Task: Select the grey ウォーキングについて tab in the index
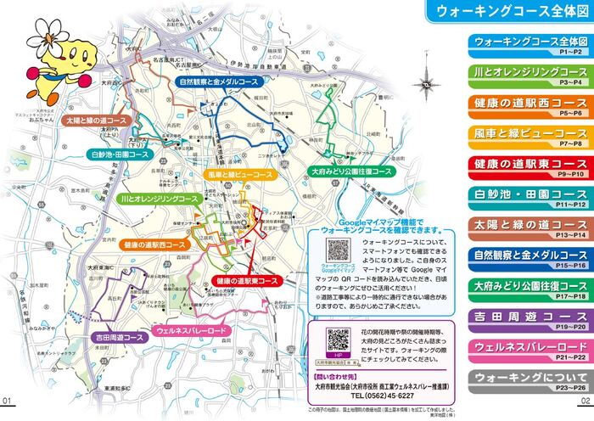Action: [528, 379]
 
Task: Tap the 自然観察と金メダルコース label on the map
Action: [218, 81]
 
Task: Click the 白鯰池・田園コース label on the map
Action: [119, 155]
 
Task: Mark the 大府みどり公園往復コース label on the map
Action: [351, 171]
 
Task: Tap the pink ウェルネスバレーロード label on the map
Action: [191, 329]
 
